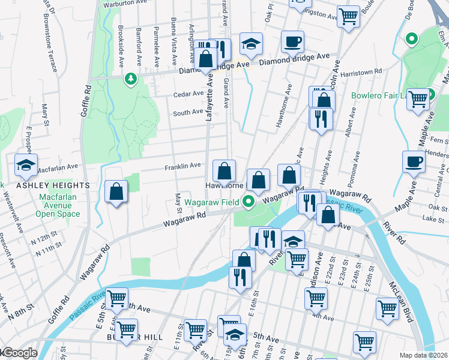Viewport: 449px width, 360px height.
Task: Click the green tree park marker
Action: [x=130, y=79]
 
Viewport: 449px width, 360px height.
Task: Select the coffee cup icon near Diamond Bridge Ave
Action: [x=292, y=42]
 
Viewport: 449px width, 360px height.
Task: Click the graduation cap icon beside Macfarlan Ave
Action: [x=26, y=165]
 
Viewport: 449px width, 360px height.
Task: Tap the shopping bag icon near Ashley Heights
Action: [x=116, y=192]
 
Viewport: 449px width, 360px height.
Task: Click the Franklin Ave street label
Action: [x=182, y=166]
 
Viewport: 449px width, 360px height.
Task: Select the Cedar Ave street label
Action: [x=188, y=94]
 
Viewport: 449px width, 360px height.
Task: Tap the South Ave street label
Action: [x=188, y=113]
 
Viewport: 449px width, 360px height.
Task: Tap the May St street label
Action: [x=178, y=203]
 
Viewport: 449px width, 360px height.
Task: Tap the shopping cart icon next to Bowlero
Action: [x=418, y=98]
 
